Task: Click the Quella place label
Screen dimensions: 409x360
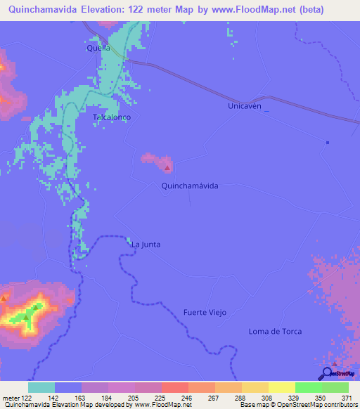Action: click(98, 48)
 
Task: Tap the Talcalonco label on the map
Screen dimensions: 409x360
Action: click(112, 117)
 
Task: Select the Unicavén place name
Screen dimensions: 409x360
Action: click(245, 105)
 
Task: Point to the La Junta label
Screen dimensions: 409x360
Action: click(146, 245)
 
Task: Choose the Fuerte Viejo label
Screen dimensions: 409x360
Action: click(205, 312)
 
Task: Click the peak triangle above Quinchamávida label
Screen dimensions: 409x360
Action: click(167, 168)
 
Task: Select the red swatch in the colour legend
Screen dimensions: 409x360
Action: click(175, 387)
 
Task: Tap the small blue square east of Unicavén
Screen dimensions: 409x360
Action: click(328, 143)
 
